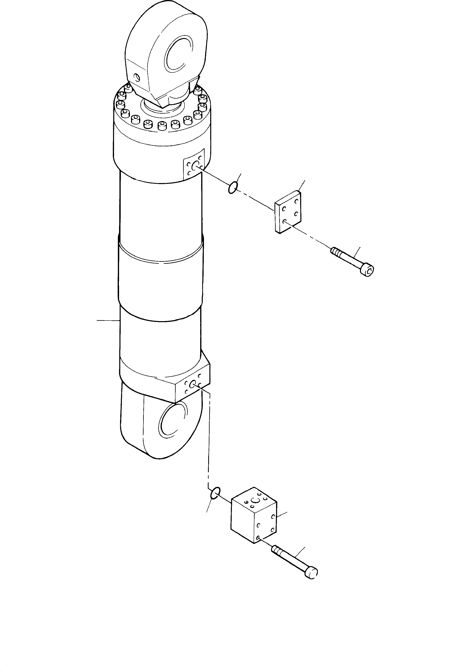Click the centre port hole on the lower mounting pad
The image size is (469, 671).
[193, 385]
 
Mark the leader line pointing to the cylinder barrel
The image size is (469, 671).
[108, 321]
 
